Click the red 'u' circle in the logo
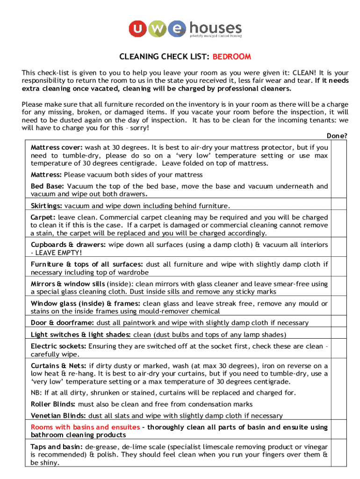(x=137, y=29)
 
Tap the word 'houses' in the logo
(x=216, y=28)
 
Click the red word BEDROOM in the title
(x=232, y=57)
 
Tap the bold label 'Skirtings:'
(x=47, y=206)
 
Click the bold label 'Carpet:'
(x=43, y=218)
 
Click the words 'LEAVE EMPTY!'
(x=52, y=253)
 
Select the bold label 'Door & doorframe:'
(x=62, y=323)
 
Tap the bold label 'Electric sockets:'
(x=58, y=346)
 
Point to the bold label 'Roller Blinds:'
(x=53, y=404)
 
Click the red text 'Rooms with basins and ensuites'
(x=85, y=427)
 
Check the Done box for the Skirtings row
(x=339, y=205)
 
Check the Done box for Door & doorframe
(x=339, y=323)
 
